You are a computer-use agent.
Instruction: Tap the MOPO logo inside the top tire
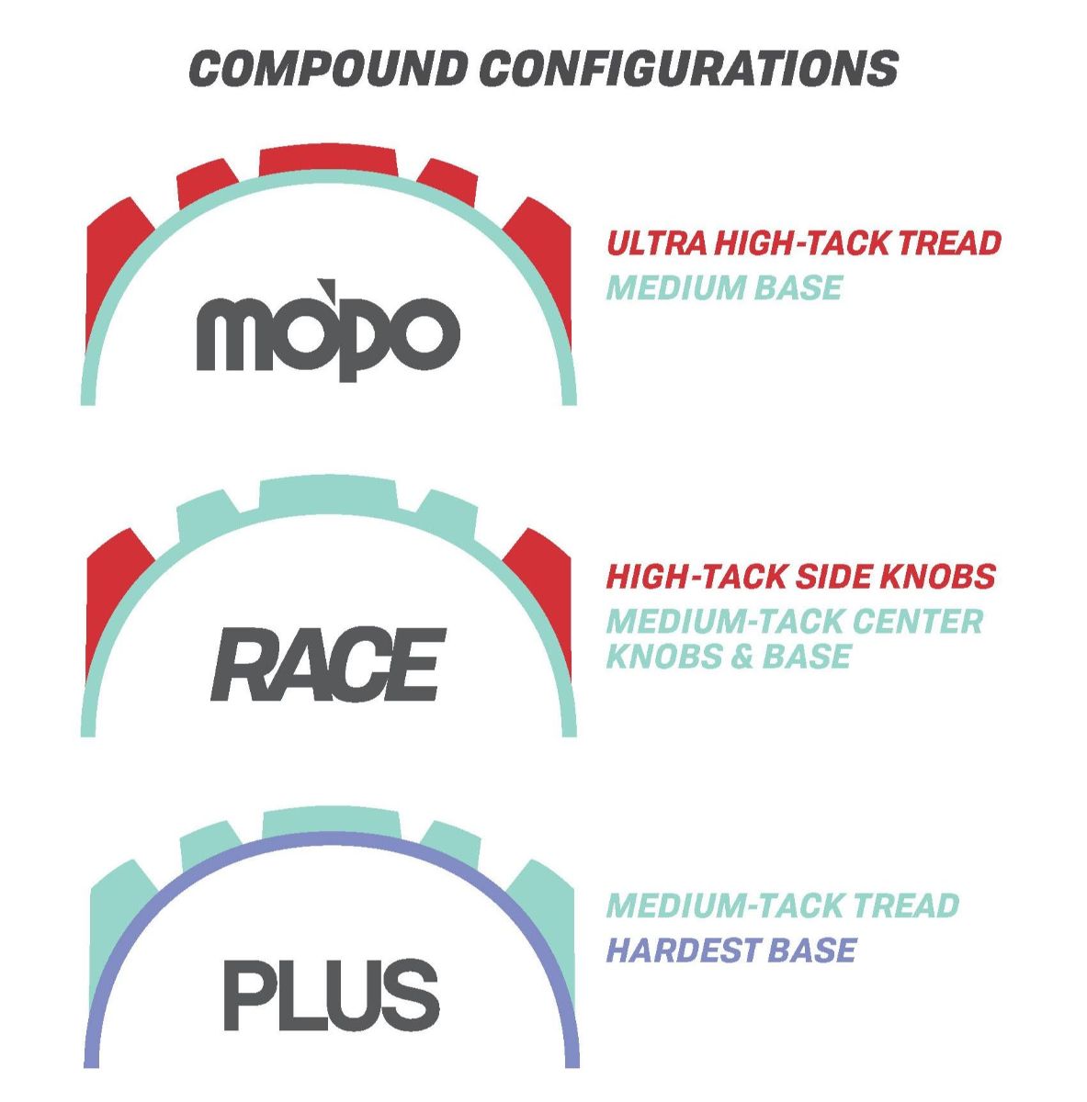click(x=328, y=330)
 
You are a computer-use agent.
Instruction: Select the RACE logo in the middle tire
click(x=328, y=665)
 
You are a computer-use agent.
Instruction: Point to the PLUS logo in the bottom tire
click(x=331, y=995)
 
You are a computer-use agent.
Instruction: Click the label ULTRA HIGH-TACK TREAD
click(x=803, y=243)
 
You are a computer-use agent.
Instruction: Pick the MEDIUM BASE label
click(x=724, y=287)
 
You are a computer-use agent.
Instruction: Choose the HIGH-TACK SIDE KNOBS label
click(x=800, y=577)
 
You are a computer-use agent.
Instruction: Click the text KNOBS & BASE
click(x=729, y=656)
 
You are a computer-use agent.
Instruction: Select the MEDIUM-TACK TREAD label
click(x=782, y=905)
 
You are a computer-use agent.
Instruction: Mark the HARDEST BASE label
click(x=730, y=950)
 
